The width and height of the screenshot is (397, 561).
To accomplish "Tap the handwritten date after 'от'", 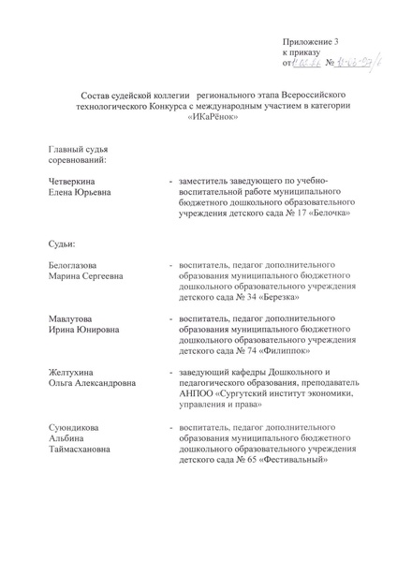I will click(x=308, y=64).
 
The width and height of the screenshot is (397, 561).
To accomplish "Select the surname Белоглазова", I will click(x=79, y=267).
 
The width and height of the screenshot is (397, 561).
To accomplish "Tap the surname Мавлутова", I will click(x=74, y=320).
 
